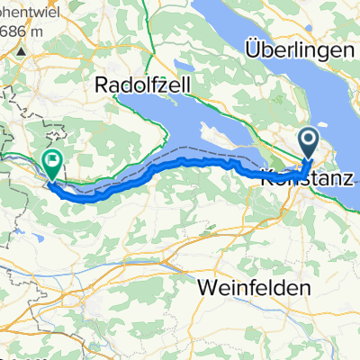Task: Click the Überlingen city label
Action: pyautogui.click(x=301, y=51)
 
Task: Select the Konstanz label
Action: pyautogui.click(x=305, y=178)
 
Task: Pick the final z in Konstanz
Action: pyautogui.click(x=347, y=178)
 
